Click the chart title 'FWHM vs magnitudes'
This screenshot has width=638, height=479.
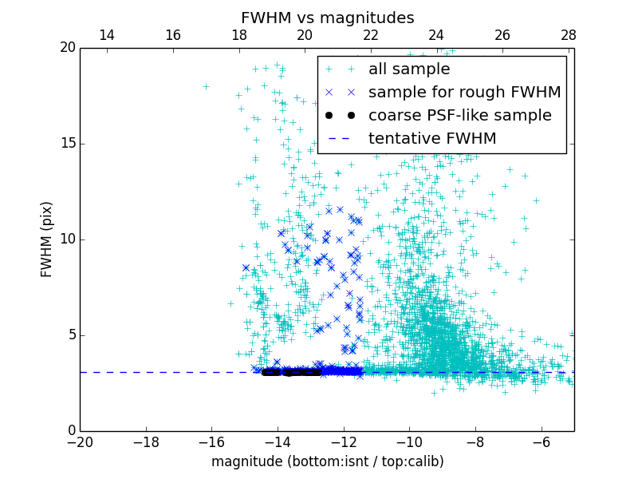(327, 18)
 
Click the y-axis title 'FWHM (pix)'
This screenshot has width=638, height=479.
(47, 239)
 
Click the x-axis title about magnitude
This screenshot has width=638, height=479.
(327, 461)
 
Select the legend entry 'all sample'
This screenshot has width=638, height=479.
(408, 69)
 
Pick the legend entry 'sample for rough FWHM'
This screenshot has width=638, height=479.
(464, 93)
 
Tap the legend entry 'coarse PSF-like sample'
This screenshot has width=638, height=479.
(459, 116)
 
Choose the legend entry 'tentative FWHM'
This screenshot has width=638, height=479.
(431, 139)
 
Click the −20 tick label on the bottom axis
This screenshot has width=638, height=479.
(80, 441)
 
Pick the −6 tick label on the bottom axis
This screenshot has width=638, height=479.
(542, 441)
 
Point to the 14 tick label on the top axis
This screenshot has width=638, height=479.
(107, 35)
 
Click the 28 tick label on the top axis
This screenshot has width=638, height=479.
(568, 35)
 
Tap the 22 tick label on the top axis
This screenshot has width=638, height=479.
(370, 35)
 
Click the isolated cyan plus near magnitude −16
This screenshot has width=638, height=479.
(206, 86)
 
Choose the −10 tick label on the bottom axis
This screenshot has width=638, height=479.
(409, 441)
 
